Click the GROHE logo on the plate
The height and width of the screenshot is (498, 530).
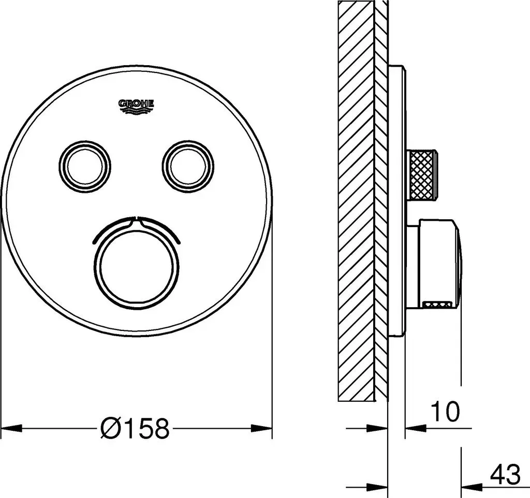(x=136, y=106)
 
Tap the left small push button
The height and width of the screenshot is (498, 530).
(x=85, y=166)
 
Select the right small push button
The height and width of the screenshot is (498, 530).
(x=188, y=166)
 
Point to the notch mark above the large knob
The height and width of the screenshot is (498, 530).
(x=136, y=219)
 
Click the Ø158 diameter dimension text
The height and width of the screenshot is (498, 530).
(x=135, y=428)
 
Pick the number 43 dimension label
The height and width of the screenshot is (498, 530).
(x=506, y=474)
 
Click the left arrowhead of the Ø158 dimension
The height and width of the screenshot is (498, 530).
(x=11, y=428)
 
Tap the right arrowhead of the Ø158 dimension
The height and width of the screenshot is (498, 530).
(x=261, y=428)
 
